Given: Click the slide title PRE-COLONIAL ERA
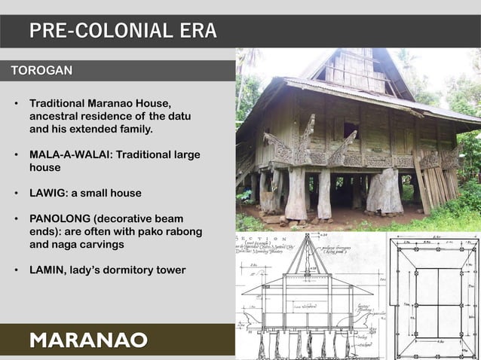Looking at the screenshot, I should click(x=123, y=31).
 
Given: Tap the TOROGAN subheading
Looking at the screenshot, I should click(x=41, y=71).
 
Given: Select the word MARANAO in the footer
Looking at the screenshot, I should click(x=88, y=340).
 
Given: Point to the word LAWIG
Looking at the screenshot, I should click(x=49, y=193).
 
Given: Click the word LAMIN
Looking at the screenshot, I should click(x=46, y=270).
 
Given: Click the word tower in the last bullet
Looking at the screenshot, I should click(x=170, y=270).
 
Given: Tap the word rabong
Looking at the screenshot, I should click(x=185, y=231).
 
